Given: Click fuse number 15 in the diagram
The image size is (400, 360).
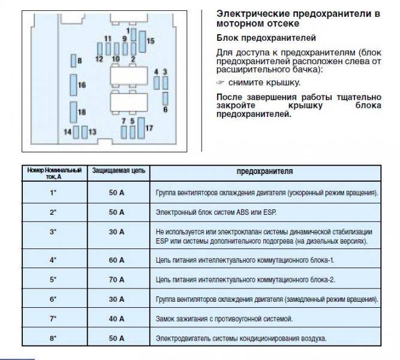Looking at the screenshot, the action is [x=142, y=41].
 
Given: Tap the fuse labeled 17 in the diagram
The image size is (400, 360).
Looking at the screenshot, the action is [x=141, y=128].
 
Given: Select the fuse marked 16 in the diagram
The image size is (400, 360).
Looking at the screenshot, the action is [x=74, y=85].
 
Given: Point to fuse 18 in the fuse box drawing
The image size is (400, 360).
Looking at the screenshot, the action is [x=74, y=112].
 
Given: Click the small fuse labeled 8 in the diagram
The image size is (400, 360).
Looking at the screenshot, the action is [x=74, y=61].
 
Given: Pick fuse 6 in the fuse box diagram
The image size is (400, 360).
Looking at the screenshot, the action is [x=166, y=98].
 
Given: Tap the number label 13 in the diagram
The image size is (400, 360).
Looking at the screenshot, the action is [x=92, y=132].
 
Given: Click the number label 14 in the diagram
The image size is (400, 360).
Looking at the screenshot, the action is [x=67, y=132].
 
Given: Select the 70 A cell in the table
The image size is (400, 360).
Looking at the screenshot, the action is [x=116, y=280].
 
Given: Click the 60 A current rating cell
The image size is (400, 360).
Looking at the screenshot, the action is [x=116, y=260].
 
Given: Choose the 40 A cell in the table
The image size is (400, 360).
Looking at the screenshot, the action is [x=116, y=319].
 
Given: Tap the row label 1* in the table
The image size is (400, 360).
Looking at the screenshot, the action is [x=53, y=193].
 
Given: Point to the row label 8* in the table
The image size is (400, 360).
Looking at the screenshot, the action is [x=53, y=338].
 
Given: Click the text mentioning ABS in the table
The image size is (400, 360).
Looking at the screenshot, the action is [x=216, y=212].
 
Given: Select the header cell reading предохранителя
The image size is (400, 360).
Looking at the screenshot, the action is [x=265, y=171].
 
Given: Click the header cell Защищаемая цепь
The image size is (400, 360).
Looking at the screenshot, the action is [x=119, y=170].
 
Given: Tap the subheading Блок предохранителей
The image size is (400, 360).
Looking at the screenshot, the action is [x=266, y=38].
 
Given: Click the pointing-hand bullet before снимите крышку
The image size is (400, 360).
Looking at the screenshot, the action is [x=220, y=82].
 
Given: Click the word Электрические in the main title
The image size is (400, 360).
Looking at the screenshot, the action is [x=253, y=14].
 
